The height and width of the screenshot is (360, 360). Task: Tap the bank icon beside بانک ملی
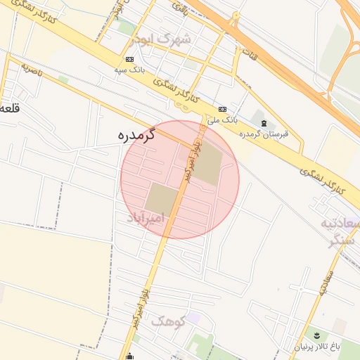pos(223,110)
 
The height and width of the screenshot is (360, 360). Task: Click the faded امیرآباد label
pos(146,219)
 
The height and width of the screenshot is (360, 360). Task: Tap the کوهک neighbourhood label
pos(167,321)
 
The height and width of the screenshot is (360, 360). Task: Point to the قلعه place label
pos(9,108)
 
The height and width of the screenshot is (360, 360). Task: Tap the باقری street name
pos(181,9)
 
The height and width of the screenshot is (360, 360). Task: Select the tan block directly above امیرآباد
pos(162,198)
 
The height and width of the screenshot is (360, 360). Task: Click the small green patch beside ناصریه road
pos(63,79)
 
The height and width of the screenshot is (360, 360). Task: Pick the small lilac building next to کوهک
pos(193,319)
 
